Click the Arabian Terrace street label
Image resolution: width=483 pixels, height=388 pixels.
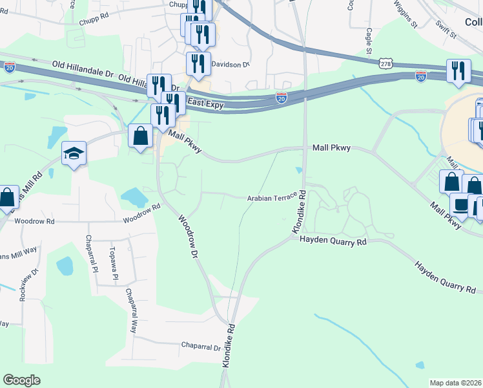pos(271,197)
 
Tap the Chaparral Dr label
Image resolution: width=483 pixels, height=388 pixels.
pos(201,347)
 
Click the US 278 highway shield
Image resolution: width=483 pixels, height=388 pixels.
pos(385,64)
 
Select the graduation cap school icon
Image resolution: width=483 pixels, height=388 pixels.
pos(74,153)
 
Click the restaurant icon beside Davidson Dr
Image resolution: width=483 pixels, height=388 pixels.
pos(198,63)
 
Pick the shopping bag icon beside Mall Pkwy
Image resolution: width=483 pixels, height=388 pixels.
pos(140,135)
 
